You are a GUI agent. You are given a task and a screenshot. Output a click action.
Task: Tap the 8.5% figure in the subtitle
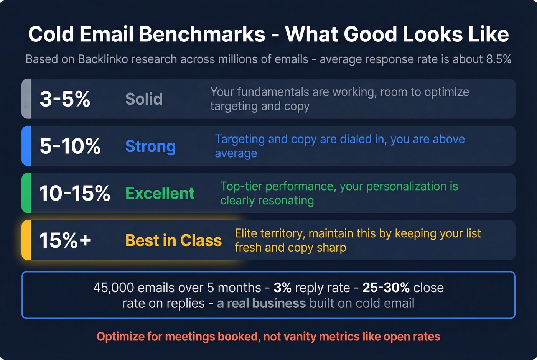point(498,59)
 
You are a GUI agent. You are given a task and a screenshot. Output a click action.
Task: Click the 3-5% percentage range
point(65,99)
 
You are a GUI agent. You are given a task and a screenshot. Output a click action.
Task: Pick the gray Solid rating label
point(144,99)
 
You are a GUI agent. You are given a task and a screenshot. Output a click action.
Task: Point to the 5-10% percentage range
point(70,146)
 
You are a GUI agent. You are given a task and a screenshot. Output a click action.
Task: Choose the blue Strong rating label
point(150,146)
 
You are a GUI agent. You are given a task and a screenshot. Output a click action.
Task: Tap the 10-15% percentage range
point(75,193)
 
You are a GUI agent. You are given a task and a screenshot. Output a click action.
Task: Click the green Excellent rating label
point(160,193)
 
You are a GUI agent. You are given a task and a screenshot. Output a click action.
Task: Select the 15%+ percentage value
point(65,240)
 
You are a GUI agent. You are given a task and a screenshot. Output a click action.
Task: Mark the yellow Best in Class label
point(173,240)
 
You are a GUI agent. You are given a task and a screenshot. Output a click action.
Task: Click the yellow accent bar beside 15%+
point(26,240)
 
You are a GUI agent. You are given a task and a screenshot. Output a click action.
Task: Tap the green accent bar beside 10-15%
point(26,193)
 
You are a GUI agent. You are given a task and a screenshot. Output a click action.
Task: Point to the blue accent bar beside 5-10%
point(26,146)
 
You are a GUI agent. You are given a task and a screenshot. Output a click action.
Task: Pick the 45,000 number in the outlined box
point(114,288)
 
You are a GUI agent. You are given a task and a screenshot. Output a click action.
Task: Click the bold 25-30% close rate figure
point(386,288)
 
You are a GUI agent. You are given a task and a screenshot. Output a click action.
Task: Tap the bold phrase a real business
point(261,303)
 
